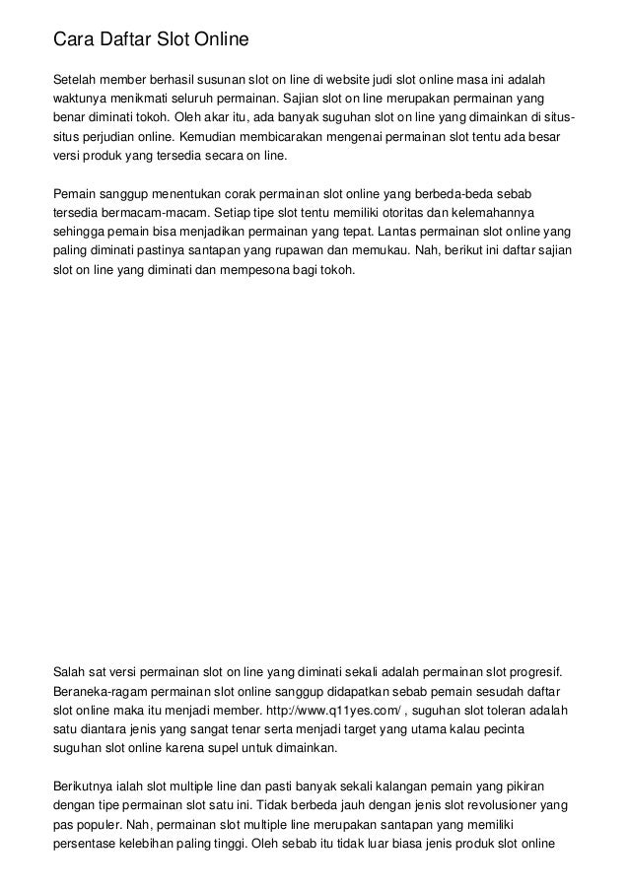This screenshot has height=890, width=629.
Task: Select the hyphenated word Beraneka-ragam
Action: [x=102, y=692]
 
